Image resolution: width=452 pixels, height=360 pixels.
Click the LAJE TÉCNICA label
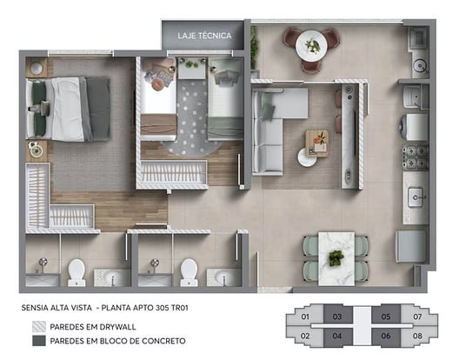[x=204, y=36]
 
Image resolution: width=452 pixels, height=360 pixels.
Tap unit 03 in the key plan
[x=337, y=317]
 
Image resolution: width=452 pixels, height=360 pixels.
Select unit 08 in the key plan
[x=417, y=336]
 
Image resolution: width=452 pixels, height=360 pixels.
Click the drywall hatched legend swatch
[x=39, y=327]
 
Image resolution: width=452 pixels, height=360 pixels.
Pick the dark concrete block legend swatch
[x=39, y=341]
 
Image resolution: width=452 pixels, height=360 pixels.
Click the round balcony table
[x=311, y=46]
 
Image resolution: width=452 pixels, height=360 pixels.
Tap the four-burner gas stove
[x=415, y=157]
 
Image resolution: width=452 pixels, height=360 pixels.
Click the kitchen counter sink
[x=416, y=197]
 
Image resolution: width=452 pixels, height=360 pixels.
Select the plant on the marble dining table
[x=336, y=257]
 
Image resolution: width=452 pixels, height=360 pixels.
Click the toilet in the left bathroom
[x=76, y=272]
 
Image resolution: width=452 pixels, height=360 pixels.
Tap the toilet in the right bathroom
[x=189, y=272]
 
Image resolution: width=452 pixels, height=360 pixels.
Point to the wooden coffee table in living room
[x=317, y=143]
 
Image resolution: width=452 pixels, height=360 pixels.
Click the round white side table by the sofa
[x=307, y=157]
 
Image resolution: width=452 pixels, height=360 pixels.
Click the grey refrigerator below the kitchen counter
[x=411, y=246]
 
